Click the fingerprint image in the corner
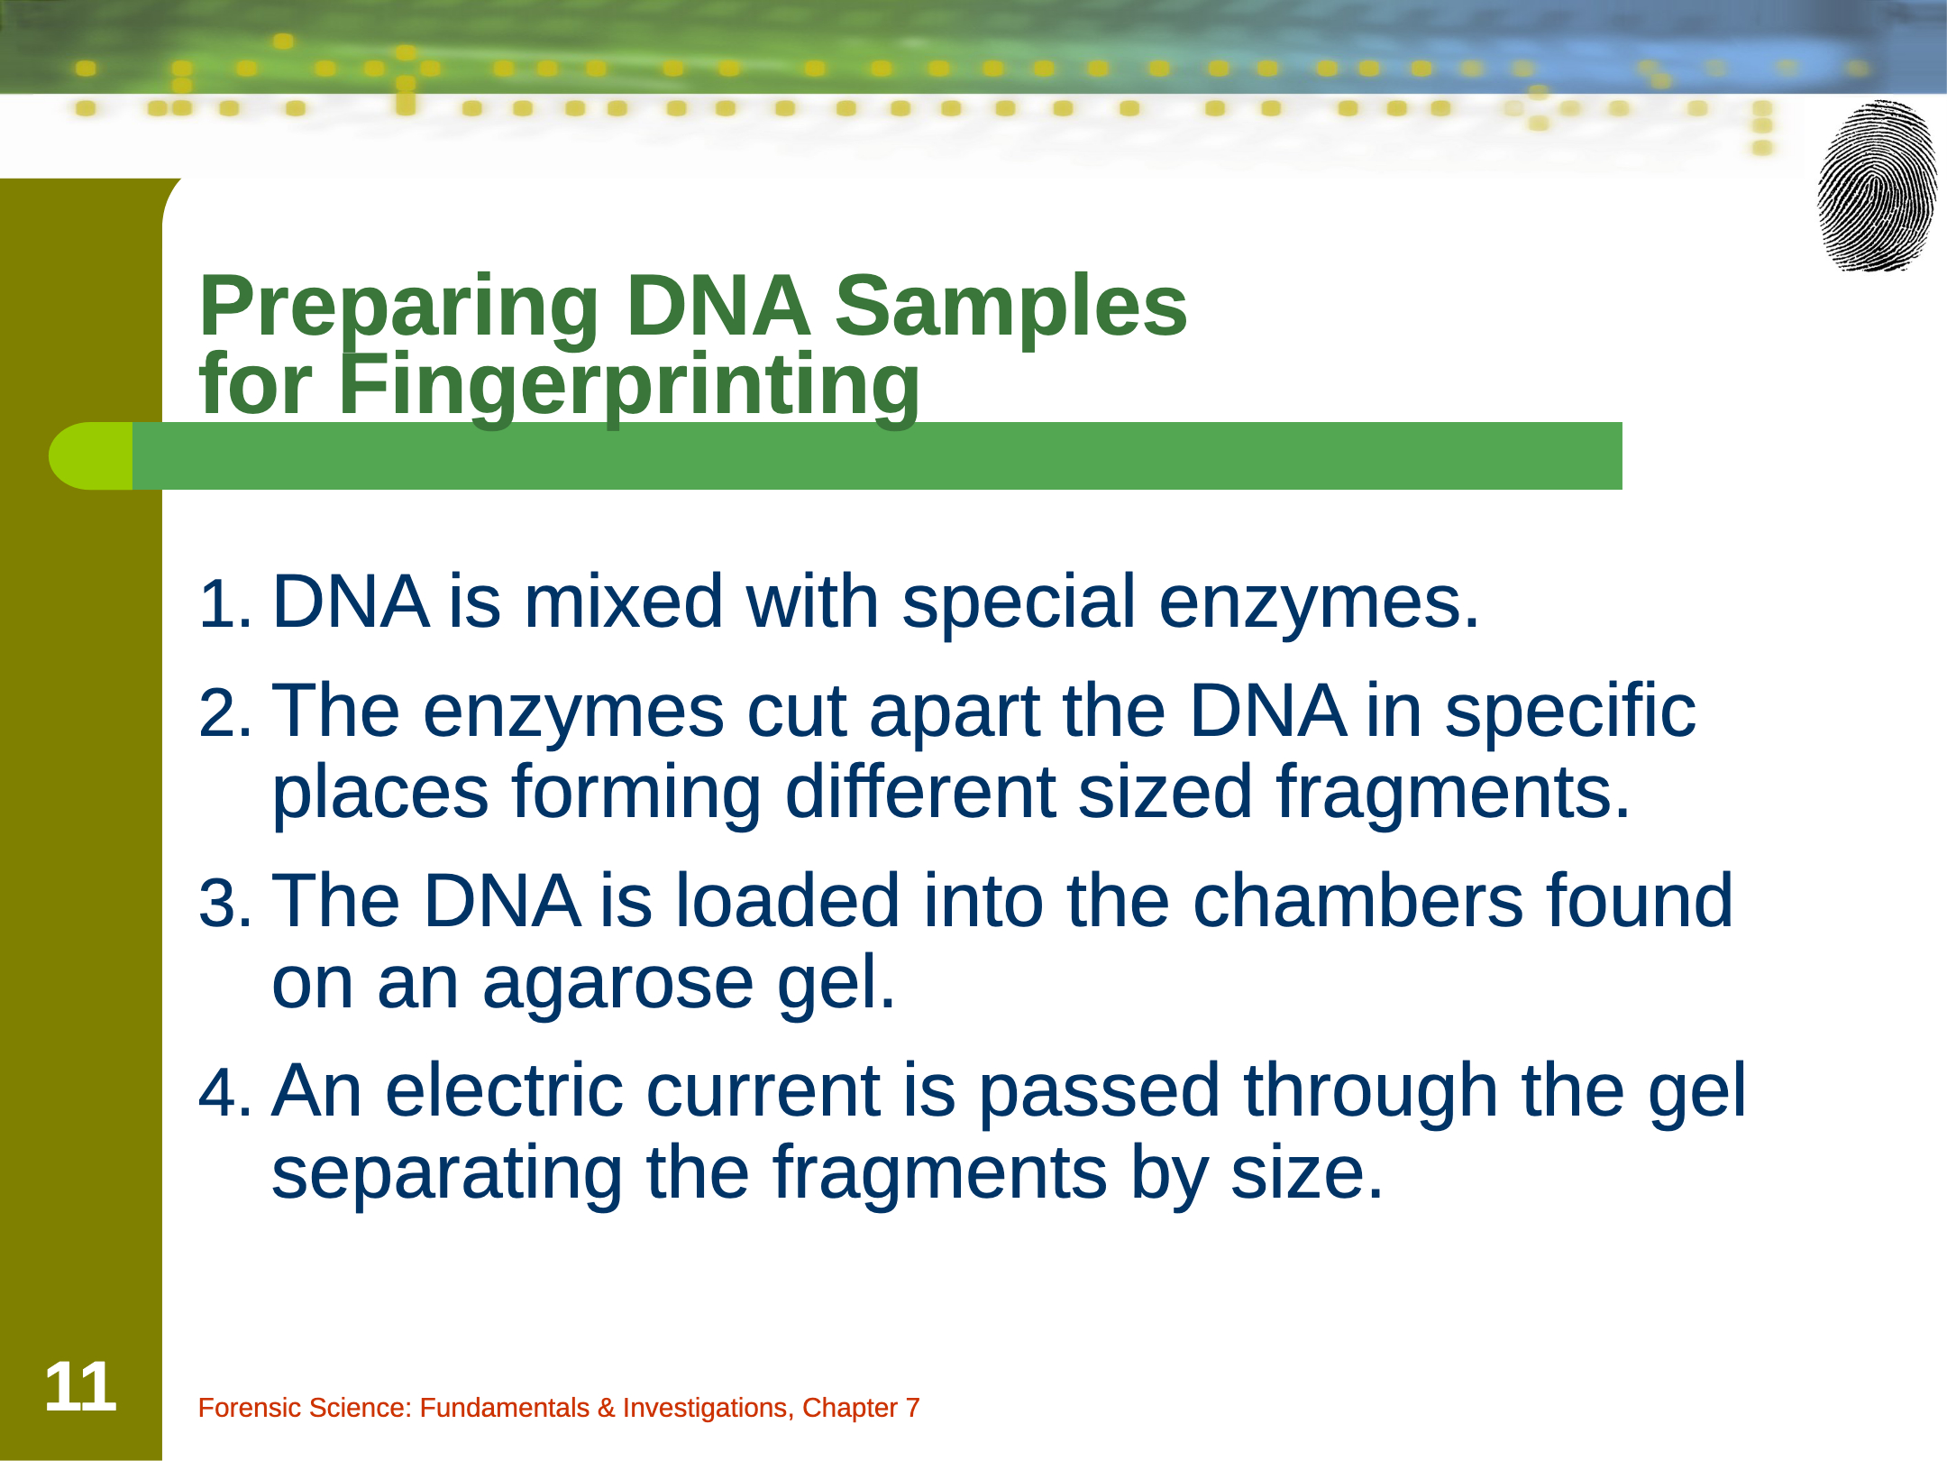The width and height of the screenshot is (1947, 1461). [x=1877, y=186]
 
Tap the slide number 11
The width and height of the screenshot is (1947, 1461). [x=80, y=1386]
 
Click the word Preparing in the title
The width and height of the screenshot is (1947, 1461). [x=399, y=309]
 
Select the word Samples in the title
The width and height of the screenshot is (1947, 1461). [x=1011, y=308]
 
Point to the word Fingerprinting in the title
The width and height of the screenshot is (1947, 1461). [x=629, y=388]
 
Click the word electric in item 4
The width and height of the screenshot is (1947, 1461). [x=504, y=1090]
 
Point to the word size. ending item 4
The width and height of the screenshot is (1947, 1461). [x=1307, y=1172]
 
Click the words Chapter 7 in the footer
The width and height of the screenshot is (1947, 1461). [x=861, y=1408]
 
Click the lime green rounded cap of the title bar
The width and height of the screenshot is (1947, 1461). [x=90, y=456]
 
